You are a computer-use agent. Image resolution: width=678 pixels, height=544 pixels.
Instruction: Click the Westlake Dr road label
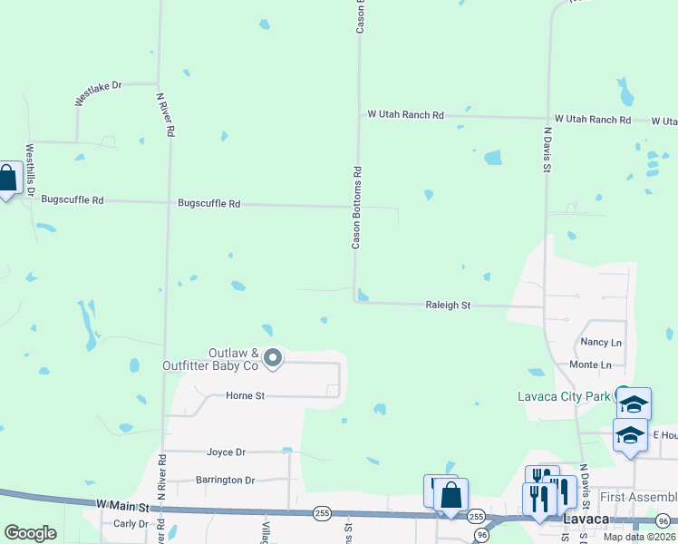(98, 92)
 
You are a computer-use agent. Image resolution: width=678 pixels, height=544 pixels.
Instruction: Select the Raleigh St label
(448, 306)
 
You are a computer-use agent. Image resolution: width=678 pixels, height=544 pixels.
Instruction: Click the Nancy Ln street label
(601, 343)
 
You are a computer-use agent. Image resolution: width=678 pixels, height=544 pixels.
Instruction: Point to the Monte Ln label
(589, 364)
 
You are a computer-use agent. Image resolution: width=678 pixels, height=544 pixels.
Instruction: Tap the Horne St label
(245, 395)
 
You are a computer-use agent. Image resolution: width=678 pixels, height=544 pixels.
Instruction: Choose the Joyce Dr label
(227, 452)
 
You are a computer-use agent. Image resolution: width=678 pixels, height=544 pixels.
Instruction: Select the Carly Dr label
(131, 523)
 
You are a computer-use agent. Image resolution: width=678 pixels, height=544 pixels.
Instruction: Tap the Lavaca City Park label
(564, 396)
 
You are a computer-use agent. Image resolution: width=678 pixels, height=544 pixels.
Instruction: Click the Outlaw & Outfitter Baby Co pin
(272, 359)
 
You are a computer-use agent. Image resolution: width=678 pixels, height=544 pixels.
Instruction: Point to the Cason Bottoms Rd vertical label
(357, 208)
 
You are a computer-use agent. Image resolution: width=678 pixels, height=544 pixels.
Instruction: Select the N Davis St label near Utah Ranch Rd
(547, 145)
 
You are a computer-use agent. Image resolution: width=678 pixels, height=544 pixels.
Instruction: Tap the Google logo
(31, 533)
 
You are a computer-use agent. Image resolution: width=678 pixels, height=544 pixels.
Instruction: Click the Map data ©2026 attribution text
(638, 537)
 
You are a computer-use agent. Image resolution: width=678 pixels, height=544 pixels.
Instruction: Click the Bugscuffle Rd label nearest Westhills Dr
(73, 199)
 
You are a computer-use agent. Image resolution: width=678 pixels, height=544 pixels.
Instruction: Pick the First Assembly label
(638, 497)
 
